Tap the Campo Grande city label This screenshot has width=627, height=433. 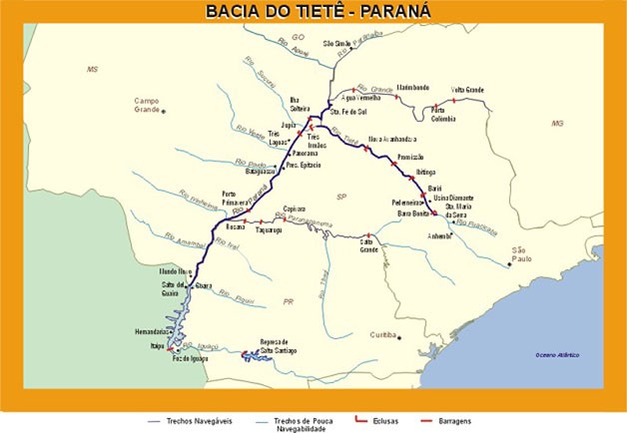point(154,105)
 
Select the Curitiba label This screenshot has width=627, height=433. point(382,335)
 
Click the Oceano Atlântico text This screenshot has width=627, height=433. point(556,355)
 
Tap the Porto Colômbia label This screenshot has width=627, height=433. point(443,115)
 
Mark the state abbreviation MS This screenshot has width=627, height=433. point(94,70)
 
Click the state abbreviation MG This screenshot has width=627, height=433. point(557,123)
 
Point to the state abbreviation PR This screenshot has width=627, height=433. point(287,300)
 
